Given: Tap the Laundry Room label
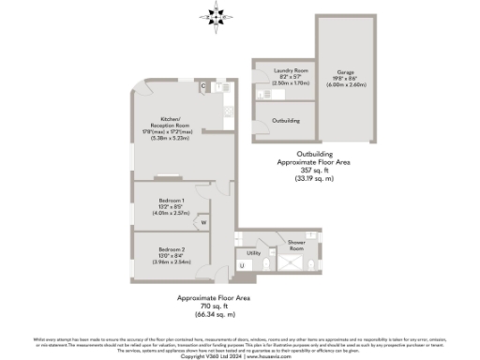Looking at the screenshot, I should (284, 70).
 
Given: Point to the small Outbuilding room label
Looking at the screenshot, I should (285, 121).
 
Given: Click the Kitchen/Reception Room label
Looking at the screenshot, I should (175, 119).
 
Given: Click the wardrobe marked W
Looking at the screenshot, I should (202, 223).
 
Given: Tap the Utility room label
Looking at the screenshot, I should (253, 252).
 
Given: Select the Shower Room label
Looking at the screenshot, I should (296, 242).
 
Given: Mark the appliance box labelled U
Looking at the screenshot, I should (241, 266).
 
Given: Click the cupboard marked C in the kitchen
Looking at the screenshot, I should (203, 85).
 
